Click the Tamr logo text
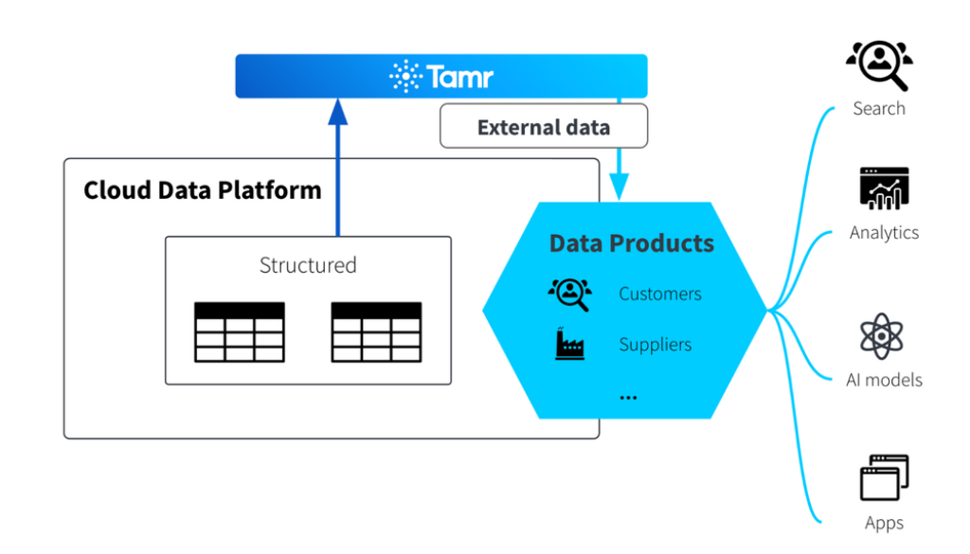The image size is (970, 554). [x=459, y=76]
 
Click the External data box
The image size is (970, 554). [x=544, y=127]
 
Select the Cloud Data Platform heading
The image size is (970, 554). [x=203, y=189]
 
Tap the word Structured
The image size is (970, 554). [x=308, y=265]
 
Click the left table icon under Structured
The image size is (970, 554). [x=240, y=331]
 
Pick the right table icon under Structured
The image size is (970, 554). [x=376, y=331]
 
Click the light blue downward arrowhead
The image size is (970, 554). [x=619, y=188]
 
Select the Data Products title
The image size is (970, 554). [x=632, y=243]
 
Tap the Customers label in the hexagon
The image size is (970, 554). [x=660, y=294]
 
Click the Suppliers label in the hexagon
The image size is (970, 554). [x=656, y=345]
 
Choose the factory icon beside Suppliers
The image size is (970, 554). [x=569, y=344]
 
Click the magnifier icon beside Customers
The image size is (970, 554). [x=569, y=294]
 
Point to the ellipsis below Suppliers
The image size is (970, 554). [x=628, y=396]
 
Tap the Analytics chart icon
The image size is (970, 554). [x=884, y=188]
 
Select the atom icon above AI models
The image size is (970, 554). [x=882, y=336]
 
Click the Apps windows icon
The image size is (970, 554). [x=884, y=478]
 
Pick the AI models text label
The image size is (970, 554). [x=884, y=380]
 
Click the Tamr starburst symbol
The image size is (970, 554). [x=405, y=76]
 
